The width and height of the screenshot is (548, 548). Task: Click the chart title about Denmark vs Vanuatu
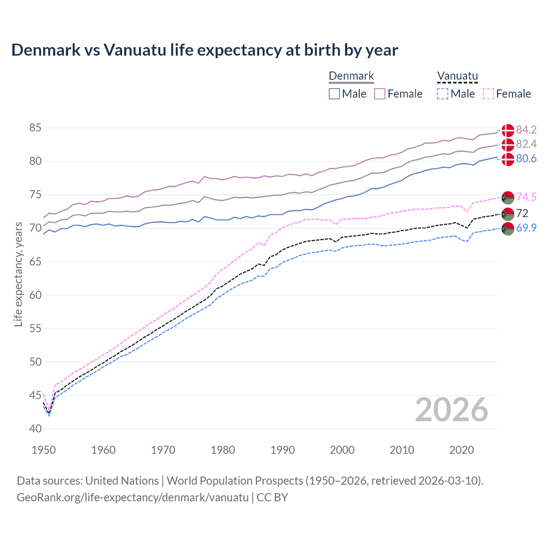point(205,50)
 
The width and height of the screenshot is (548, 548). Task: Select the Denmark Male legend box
point(334,94)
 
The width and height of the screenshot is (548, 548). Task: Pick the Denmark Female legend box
point(380,94)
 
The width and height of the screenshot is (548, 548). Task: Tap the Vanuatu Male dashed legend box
point(443,94)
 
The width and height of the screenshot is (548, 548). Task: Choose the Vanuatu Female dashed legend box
point(488,94)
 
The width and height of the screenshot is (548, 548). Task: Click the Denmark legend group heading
point(351,76)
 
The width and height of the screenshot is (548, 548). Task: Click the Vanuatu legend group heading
point(457,76)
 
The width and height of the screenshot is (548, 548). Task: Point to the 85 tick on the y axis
point(36,128)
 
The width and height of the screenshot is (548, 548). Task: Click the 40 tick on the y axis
point(36,429)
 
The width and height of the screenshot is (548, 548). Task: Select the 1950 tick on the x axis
point(44,450)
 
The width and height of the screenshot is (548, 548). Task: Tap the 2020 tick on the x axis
point(462,450)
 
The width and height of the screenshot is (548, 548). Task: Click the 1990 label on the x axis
point(283,450)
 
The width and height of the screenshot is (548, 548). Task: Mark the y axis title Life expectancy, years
point(18,274)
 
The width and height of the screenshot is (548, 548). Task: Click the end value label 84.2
point(526,130)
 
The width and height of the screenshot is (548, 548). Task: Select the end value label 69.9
point(526,228)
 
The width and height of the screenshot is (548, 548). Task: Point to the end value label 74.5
point(526,197)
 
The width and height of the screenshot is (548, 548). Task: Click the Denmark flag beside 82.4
point(508,144)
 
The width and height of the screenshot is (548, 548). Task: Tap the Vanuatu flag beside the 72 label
point(508,213)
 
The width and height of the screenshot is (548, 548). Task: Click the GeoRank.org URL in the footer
point(133,497)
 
